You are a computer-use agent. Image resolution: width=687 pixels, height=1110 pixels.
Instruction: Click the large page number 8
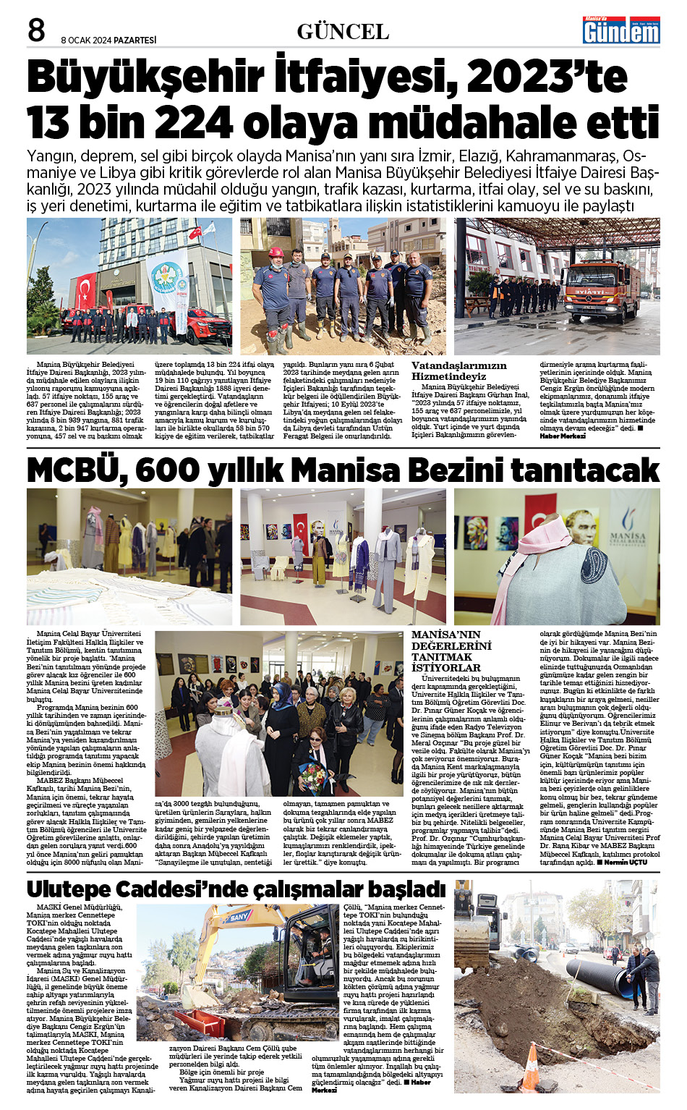click(x=36, y=30)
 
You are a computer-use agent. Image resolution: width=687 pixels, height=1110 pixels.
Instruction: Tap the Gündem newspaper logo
click(x=621, y=30)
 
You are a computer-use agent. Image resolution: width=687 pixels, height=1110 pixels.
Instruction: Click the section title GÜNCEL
click(x=343, y=32)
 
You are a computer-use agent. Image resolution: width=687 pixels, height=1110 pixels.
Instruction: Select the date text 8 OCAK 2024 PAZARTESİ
click(x=108, y=40)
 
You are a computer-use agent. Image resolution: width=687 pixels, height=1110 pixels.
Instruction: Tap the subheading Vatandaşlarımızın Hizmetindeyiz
click(x=458, y=370)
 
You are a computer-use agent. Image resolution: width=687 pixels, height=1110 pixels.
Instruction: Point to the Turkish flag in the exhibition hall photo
click(x=300, y=525)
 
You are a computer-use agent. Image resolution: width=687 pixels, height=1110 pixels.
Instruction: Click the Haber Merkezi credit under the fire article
click(x=563, y=436)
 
